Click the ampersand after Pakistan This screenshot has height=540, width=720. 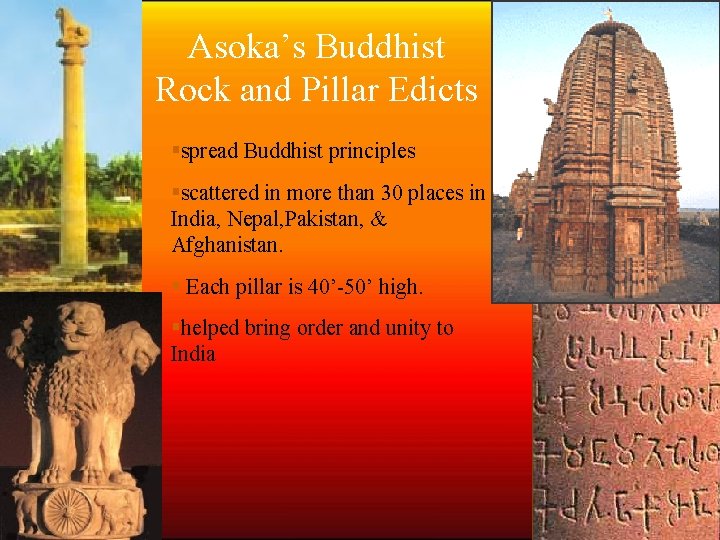(378, 218)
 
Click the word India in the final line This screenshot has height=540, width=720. (193, 353)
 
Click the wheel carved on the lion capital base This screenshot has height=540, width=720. (66, 509)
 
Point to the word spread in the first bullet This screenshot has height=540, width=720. (208, 152)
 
